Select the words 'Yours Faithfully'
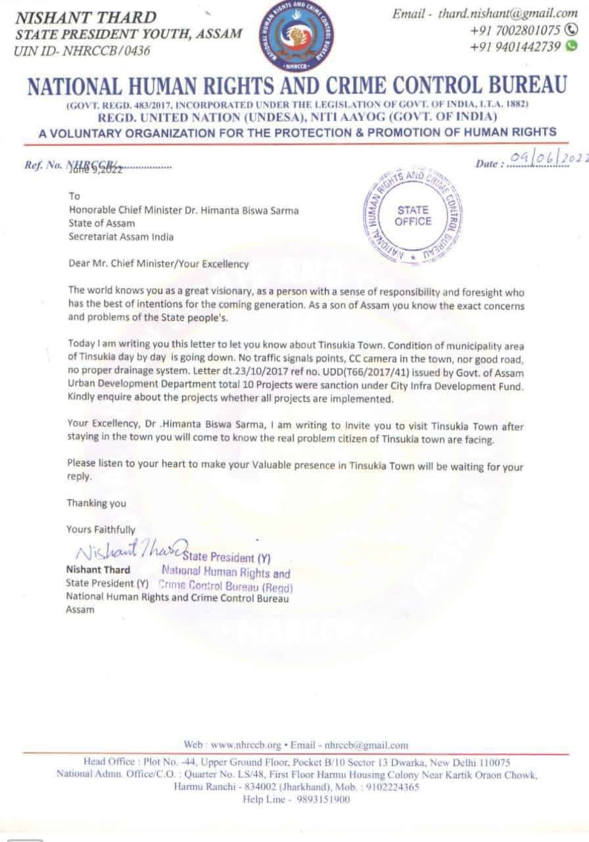pos(101,529)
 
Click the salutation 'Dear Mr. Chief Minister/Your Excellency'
pos(158,264)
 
